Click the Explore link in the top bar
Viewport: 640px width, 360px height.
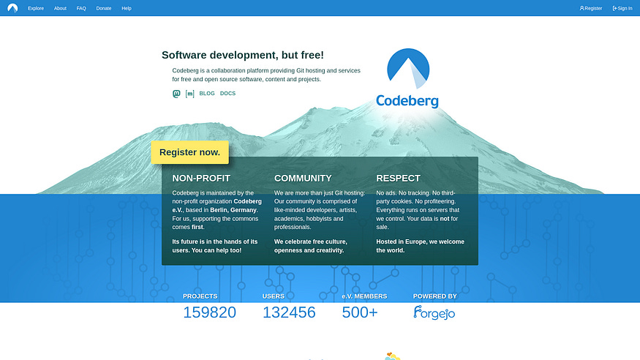(36, 8)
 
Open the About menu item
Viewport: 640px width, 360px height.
(60, 8)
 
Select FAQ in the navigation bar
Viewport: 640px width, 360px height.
(81, 8)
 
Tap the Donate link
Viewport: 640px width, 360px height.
(104, 8)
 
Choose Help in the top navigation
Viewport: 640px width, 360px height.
(127, 8)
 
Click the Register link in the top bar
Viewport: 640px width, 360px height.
(591, 8)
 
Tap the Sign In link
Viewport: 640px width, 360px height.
(622, 8)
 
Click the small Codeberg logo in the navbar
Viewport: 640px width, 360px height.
(12, 8)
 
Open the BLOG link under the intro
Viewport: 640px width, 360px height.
(207, 94)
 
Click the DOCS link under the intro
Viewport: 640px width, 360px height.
(227, 94)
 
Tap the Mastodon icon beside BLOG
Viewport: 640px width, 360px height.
(176, 94)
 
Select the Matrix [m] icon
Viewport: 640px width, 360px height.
(189, 94)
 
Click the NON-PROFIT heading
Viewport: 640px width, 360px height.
(201, 178)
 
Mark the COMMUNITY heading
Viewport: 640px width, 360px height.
(303, 178)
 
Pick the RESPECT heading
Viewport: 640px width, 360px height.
(398, 178)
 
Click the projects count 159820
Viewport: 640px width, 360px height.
(209, 312)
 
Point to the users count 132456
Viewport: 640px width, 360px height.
(289, 312)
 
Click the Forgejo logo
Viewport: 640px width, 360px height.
(434, 312)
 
